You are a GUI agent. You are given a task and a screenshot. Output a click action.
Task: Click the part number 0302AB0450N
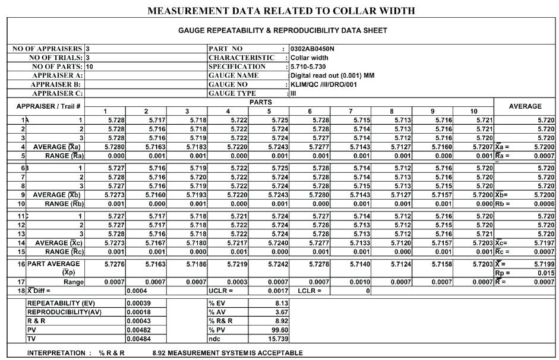[x=312, y=49]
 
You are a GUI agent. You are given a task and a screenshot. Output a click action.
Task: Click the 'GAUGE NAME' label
[x=233, y=75]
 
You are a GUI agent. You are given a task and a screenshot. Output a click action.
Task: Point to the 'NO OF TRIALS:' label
[x=56, y=58]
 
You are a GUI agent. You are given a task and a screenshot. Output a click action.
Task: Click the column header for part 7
[x=351, y=111]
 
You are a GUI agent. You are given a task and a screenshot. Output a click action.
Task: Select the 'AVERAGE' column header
[x=525, y=106]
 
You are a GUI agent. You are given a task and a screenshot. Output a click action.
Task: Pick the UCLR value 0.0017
[x=279, y=291]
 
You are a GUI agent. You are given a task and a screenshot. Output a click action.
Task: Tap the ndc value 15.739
[x=278, y=339]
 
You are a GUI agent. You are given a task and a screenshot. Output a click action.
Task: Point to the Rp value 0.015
[x=545, y=273]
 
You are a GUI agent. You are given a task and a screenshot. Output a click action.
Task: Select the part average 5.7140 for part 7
[x=359, y=264]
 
